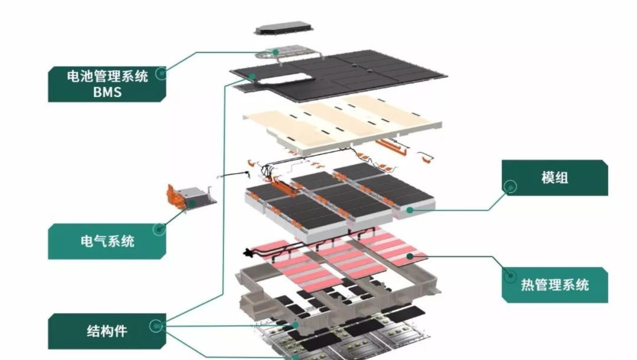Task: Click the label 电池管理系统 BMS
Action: pos(107,84)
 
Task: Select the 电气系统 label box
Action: pos(107,241)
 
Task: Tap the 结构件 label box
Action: pos(107,331)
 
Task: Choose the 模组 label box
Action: pos(555,178)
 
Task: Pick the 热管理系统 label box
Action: pos(555,285)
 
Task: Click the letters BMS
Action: pos(107,92)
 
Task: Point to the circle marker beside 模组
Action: pos(511,186)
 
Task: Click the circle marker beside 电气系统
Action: pos(159,229)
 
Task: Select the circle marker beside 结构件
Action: pos(156,326)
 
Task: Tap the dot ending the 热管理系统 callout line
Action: pos(409,256)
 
